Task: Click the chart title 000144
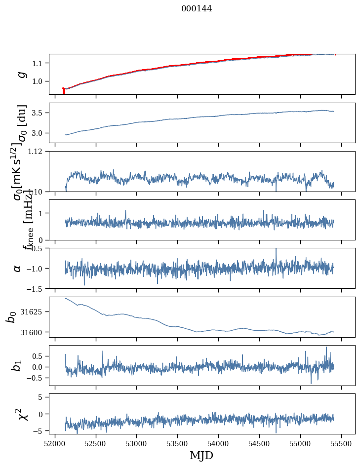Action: click(x=197, y=8)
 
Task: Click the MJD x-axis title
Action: click(x=201, y=455)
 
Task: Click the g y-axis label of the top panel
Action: click(x=21, y=74)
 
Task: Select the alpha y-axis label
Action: click(x=18, y=268)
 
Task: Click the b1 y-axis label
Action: click(x=18, y=365)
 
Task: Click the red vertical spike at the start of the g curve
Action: click(x=64, y=91)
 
